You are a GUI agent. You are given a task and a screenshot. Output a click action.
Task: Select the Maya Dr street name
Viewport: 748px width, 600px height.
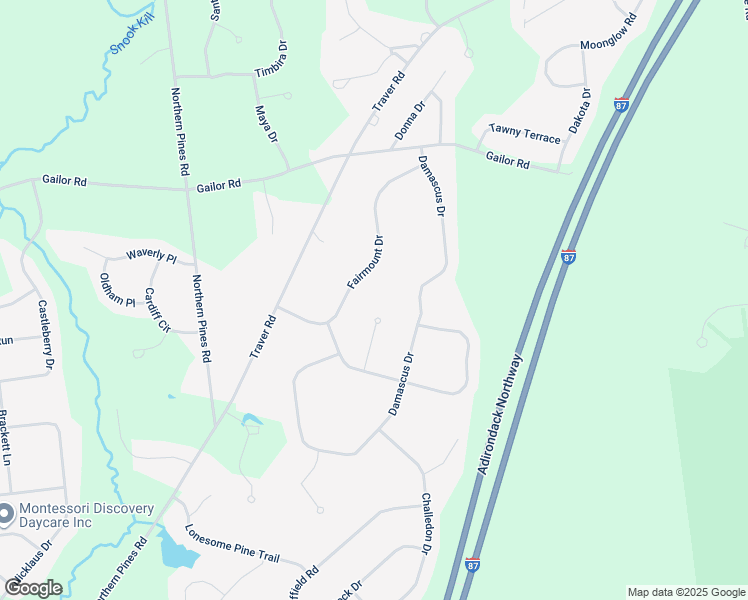click(265, 125)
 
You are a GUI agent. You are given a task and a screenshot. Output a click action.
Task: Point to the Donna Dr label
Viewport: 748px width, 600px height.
click(410, 119)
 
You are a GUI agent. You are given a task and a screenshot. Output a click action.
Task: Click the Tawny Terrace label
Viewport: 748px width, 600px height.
click(525, 135)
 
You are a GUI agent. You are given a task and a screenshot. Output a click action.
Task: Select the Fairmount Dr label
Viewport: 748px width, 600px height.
click(366, 262)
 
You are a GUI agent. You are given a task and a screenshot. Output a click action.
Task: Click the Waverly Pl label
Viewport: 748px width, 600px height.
click(150, 258)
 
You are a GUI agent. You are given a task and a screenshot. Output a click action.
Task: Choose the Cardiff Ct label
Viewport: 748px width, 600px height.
click(157, 310)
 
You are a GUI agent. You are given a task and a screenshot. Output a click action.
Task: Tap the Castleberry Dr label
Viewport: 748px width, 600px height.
click(45, 335)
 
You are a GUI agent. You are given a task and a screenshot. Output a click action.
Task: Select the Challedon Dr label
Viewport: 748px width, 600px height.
click(426, 524)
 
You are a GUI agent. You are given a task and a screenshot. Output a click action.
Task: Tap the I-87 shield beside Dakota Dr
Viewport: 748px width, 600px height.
click(621, 104)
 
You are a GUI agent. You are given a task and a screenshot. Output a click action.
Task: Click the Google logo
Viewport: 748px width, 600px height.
click(32, 588)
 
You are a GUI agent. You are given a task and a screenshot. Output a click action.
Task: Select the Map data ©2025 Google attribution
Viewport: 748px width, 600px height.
click(685, 592)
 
